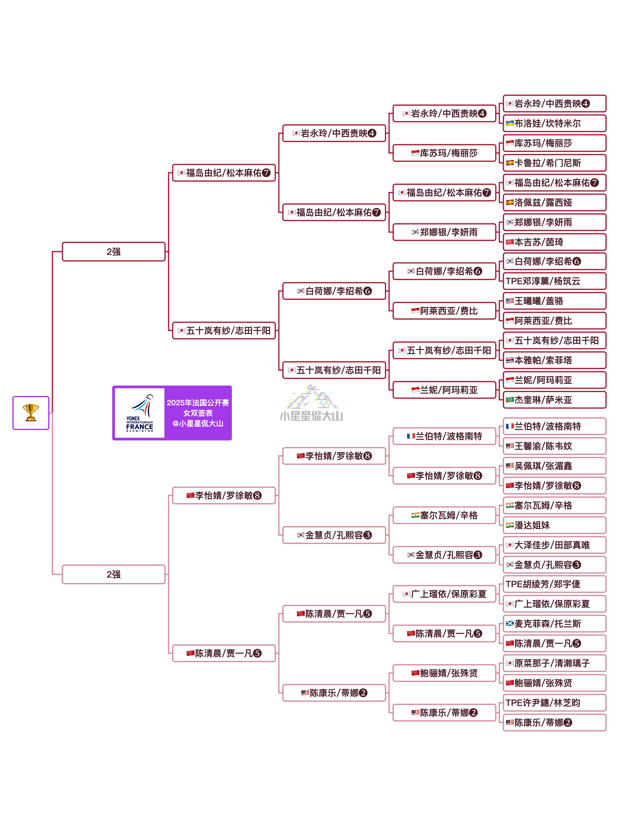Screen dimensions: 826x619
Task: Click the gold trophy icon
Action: [x=31, y=413]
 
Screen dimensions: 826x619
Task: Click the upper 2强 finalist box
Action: [x=113, y=252]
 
